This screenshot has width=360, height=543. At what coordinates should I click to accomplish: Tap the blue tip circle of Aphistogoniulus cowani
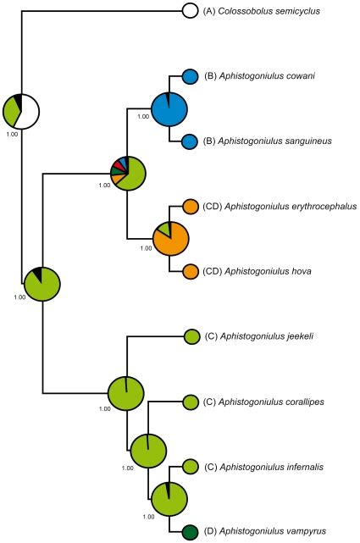(191, 76)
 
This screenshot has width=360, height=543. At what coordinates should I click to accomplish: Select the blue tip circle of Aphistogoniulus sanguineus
(191, 141)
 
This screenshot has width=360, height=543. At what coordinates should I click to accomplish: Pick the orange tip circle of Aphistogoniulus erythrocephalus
(191, 206)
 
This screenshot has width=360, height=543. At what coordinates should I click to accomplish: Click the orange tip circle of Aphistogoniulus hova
(191, 271)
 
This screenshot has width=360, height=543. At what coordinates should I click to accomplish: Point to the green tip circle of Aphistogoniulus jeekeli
(191, 336)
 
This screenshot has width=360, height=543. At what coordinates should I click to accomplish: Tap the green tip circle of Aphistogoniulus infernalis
(191, 467)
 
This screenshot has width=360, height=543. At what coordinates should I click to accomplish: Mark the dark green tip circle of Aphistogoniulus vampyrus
(191, 532)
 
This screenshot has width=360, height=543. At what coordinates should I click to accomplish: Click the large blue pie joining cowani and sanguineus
(169, 108)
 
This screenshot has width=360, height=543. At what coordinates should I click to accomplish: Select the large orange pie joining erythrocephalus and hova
(170, 238)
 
